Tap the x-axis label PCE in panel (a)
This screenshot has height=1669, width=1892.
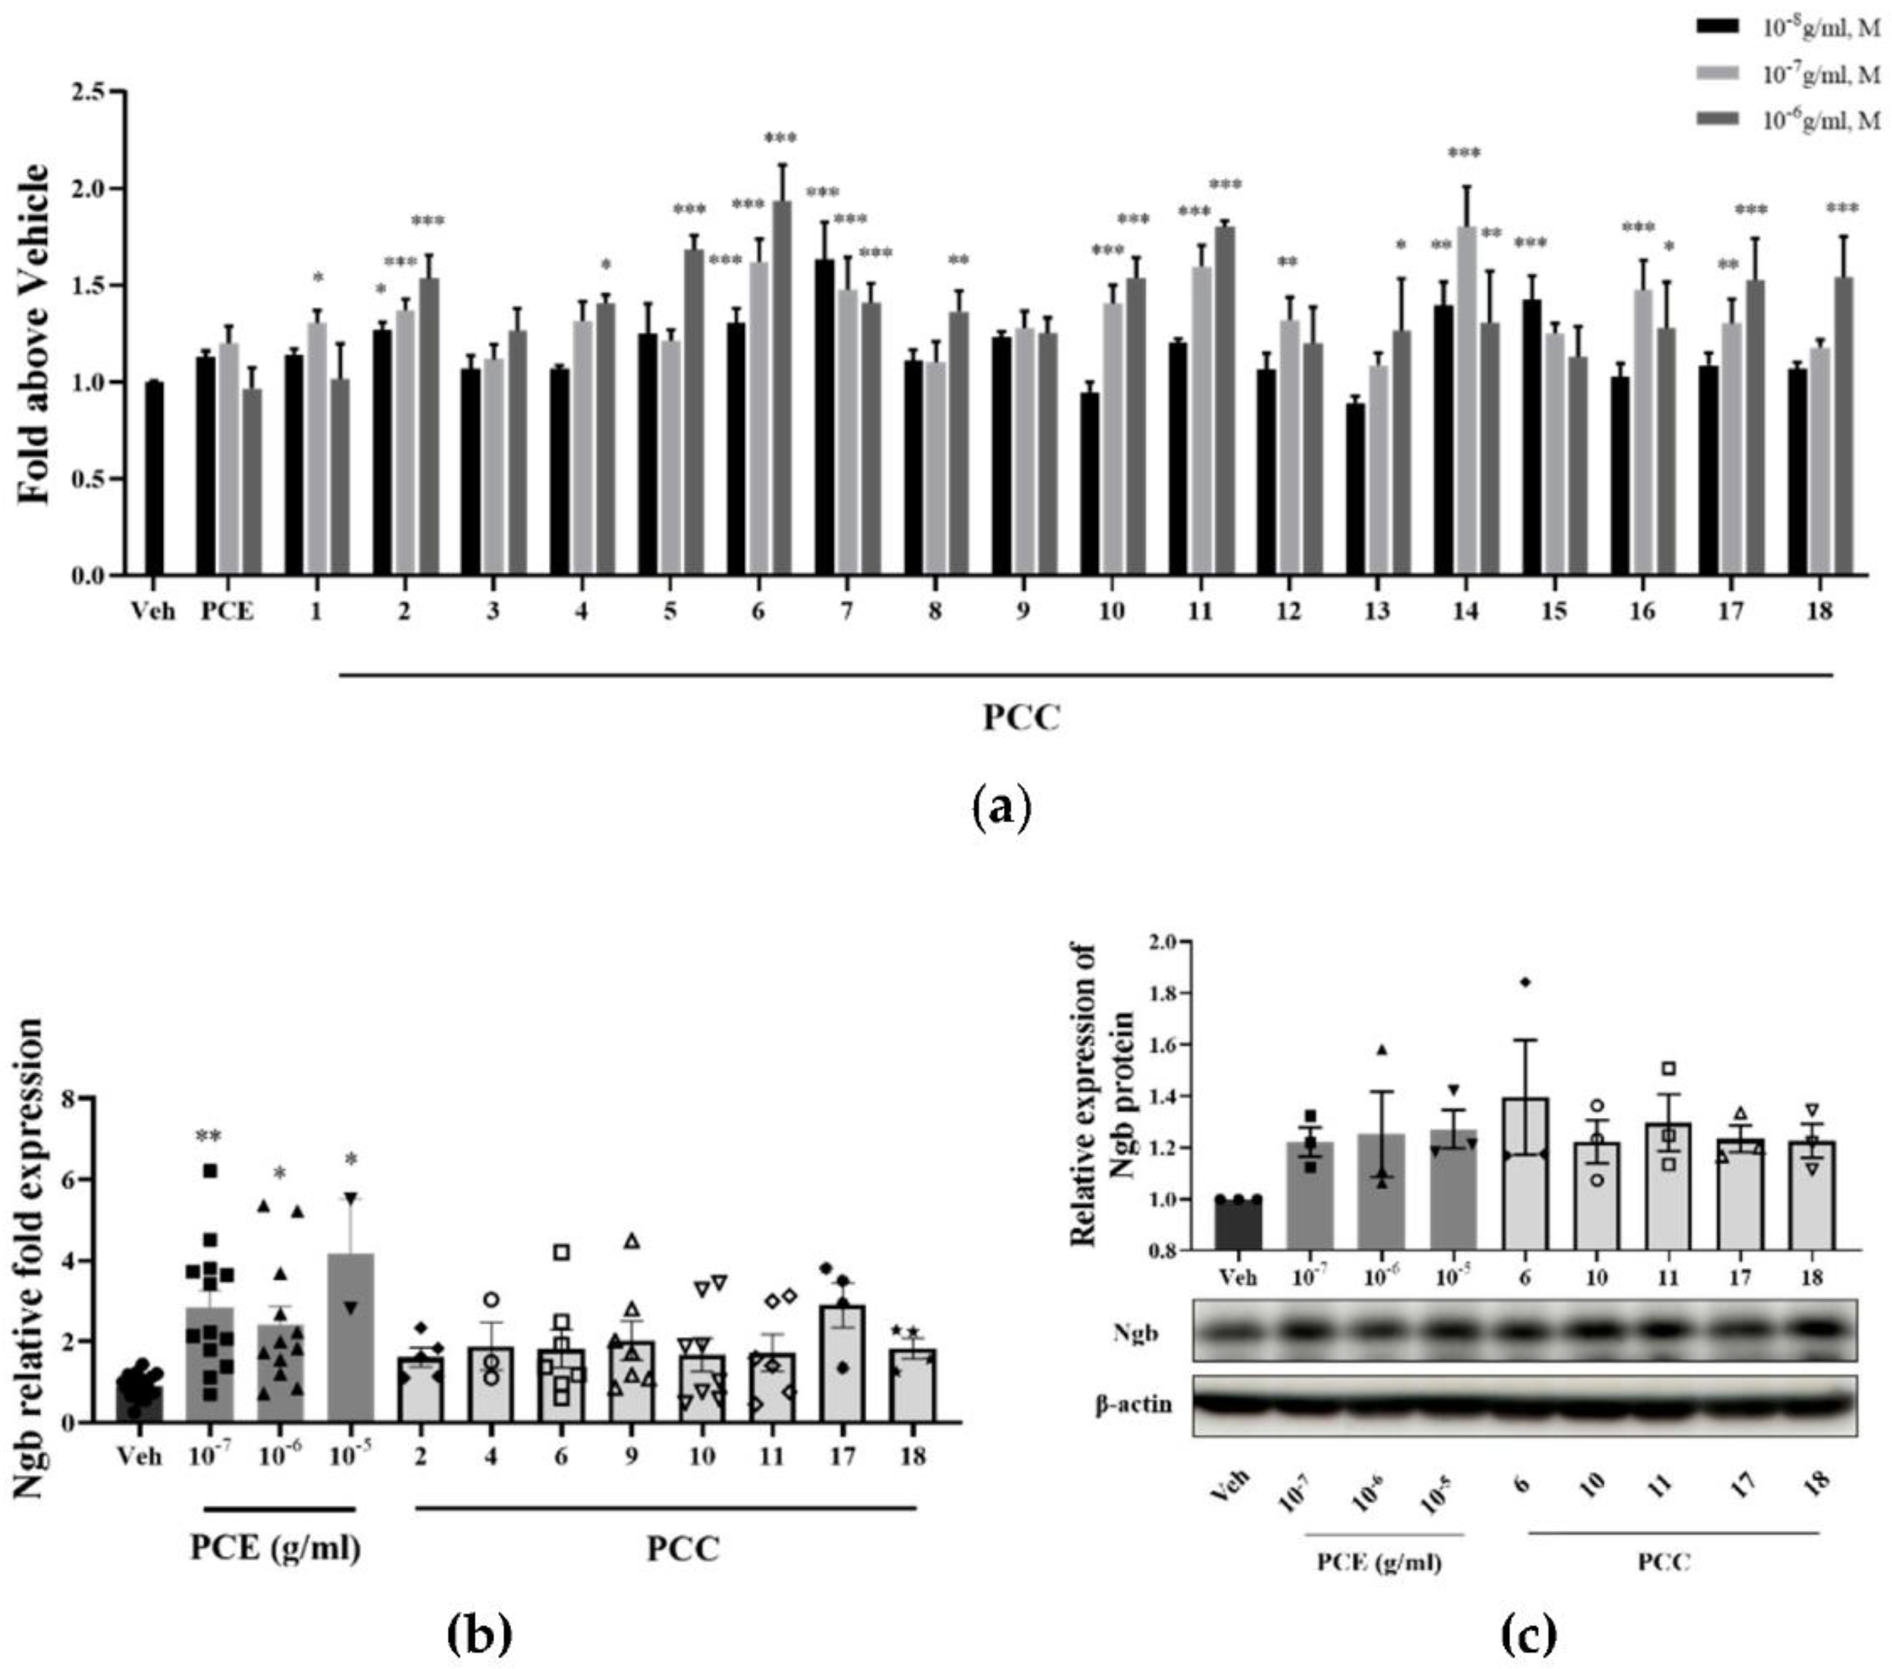point(228,612)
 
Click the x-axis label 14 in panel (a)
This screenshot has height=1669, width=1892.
point(1464,612)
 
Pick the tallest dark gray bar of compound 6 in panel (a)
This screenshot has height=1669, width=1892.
point(782,389)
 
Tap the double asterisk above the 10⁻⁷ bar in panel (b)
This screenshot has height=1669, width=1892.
point(208,1136)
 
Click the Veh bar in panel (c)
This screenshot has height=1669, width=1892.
point(1237,1224)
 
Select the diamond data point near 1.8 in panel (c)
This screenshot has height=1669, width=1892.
point(1525,982)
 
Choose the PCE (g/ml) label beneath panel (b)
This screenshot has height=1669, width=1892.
point(276,1548)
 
